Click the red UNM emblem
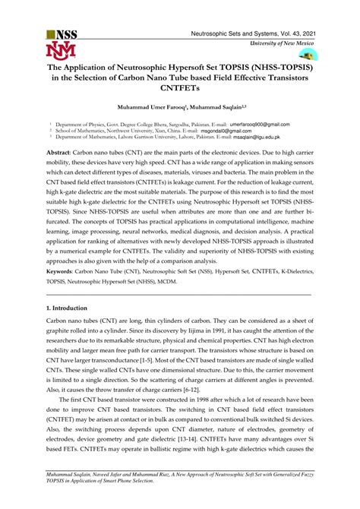coord(62,52)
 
